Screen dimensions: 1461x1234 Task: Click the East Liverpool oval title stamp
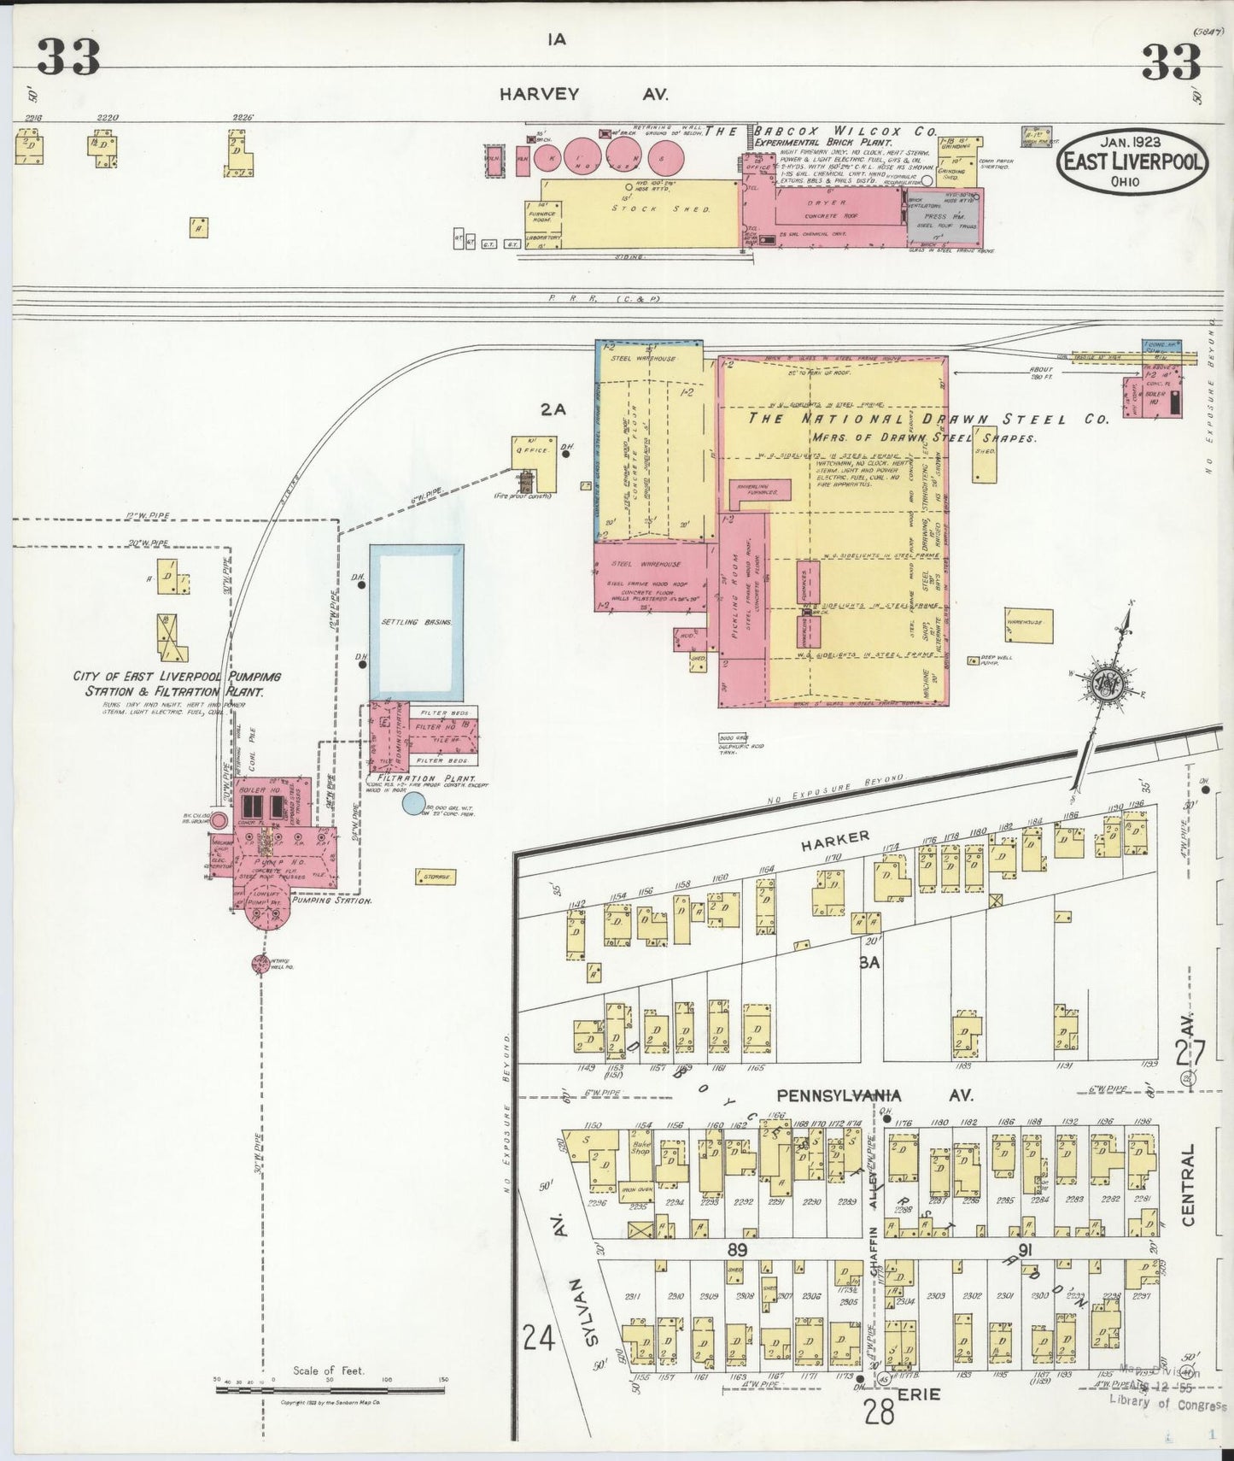[x=1132, y=161]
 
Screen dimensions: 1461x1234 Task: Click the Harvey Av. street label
[x=584, y=95]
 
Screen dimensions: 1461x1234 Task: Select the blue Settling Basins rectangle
[x=417, y=622]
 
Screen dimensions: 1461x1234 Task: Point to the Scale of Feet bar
[x=330, y=1389]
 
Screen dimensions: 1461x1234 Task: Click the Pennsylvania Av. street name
[x=874, y=1094]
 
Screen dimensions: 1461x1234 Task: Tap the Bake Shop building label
[x=640, y=1146]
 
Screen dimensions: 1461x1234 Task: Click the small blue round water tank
[x=413, y=803]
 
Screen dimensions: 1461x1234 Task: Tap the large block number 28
[x=879, y=1411]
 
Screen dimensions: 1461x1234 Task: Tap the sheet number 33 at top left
[x=68, y=57]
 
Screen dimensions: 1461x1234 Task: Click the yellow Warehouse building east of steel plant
[x=1028, y=625]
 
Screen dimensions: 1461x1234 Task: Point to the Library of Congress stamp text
[x=1167, y=1404]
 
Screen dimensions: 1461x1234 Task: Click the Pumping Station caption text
[x=330, y=901]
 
